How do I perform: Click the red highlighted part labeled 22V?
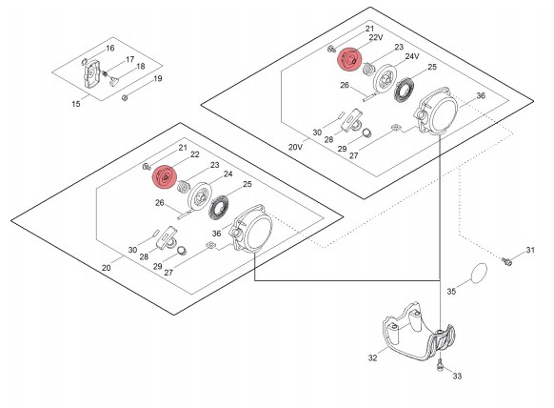tap(349, 59)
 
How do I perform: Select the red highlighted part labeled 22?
tap(165, 177)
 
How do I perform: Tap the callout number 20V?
tap(295, 147)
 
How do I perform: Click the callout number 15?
tap(76, 104)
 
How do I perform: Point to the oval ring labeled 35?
tap(479, 274)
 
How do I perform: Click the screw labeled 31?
tap(507, 262)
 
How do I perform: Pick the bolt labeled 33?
tap(440, 365)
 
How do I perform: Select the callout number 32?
tap(373, 357)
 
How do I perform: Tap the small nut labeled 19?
tap(125, 97)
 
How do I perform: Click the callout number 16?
tap(110, 48)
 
